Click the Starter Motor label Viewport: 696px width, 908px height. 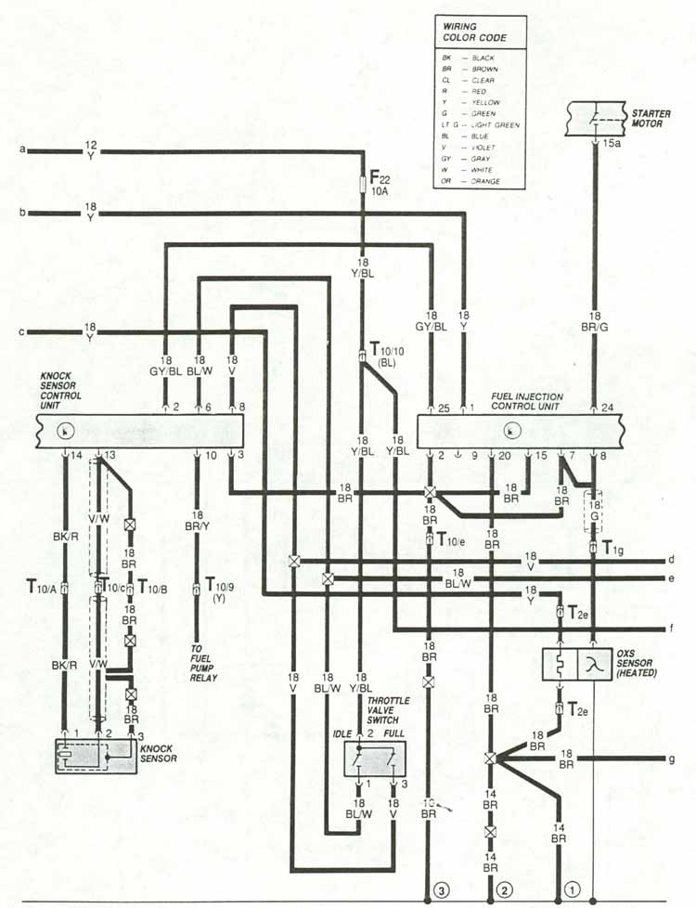click(647, 117)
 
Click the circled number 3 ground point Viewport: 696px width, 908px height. click(442, 889)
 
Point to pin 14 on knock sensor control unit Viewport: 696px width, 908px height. click(76, 454)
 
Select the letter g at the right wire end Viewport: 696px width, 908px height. click(671, 759)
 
